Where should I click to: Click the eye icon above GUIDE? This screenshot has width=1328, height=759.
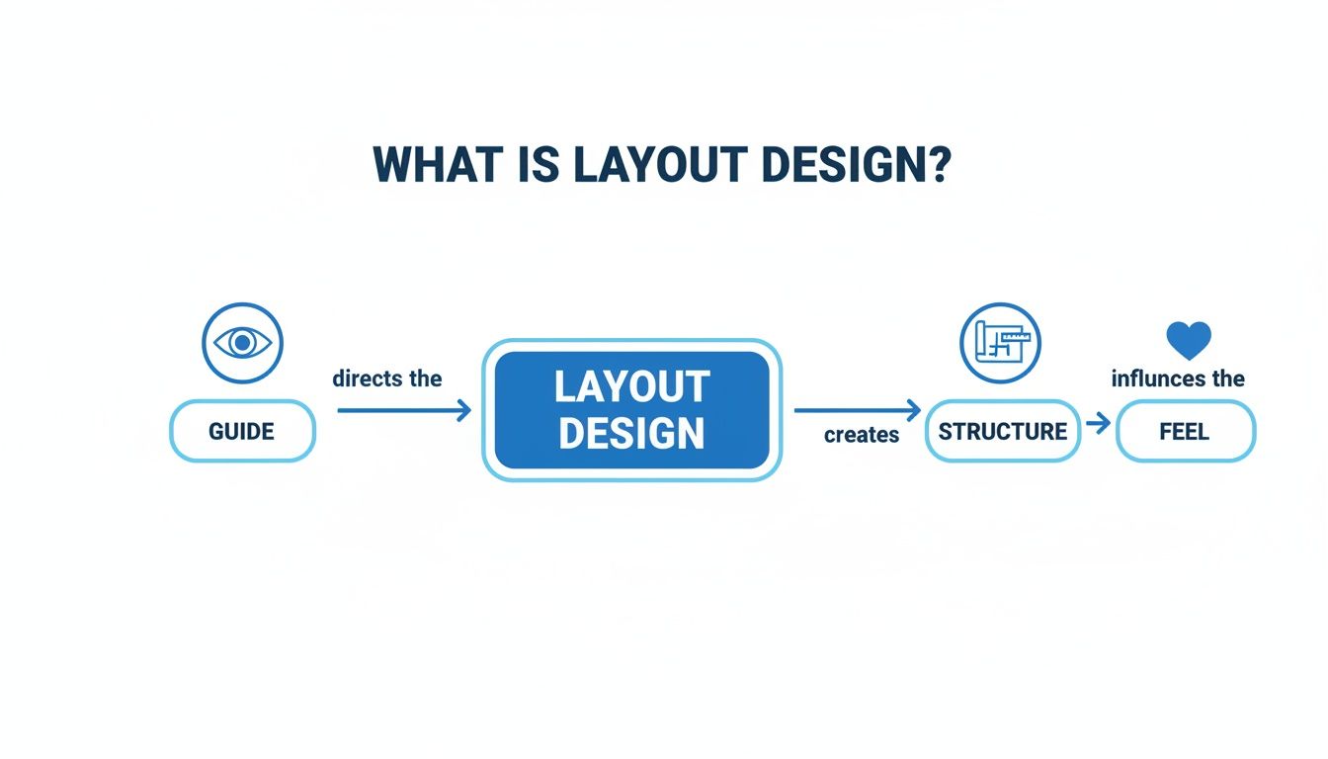point(242,343)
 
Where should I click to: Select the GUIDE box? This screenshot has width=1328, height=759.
point(242,431)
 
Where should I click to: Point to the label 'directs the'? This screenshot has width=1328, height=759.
point(387,379)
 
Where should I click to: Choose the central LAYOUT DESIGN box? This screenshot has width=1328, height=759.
point(631,410)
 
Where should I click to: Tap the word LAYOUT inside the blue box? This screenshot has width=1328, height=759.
point(631,386)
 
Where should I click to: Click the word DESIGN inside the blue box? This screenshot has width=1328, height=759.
point(631,434)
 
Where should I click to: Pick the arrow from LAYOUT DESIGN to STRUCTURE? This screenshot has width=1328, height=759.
point(857,409)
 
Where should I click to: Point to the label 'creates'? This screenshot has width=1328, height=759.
point(862,435)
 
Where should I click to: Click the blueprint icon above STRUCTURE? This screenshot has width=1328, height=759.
point(1000,343)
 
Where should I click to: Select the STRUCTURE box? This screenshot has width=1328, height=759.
point(1002,431)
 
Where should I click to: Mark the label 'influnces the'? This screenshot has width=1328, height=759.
point(1178,379)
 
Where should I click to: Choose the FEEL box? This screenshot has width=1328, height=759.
point(1185,432)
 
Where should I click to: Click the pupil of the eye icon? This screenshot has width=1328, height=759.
point(242,343)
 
